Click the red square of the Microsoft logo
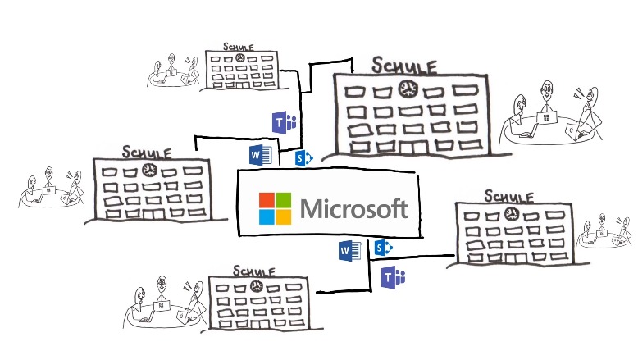click(x=268, y=200)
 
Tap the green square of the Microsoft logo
click(x=283, y=200)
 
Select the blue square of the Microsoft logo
click(x=268, y=216)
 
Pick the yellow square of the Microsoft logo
click(x=283, y=216)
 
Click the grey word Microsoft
click(x=354, y=208)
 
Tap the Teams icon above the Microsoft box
click(x=284, y=123)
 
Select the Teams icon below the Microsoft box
click(x=394, y=277)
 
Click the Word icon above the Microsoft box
click(x=259, y=154)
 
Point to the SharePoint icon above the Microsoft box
click(x=303, y=157)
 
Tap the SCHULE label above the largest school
click(x=404, y=65)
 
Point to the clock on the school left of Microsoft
click(x=149, y=171)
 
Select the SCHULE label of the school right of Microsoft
click(x=508, y=196)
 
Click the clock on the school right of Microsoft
click(x=511, y=215)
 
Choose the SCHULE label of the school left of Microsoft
click(x=147, y=152)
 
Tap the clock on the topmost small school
click(x=238, y=60)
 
